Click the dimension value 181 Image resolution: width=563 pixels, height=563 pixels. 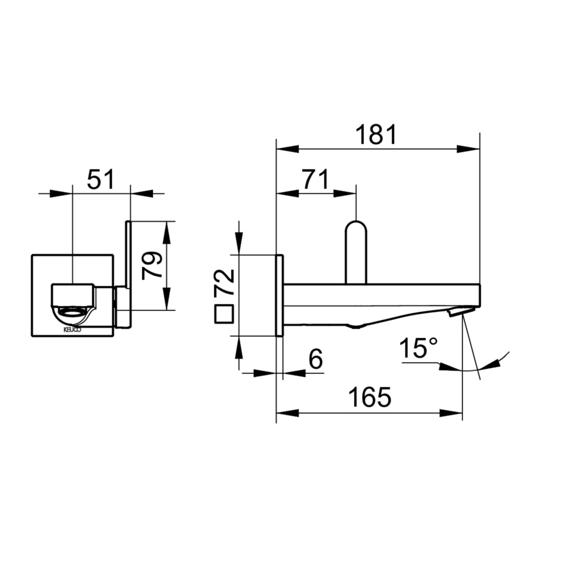tap(376, 134)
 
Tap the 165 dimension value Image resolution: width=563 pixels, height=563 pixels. tap(370, 397)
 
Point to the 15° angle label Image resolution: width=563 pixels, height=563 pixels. tap(418, 348)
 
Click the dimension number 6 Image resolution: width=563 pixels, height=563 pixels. tap(315, 359)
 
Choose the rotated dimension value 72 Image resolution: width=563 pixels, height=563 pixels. tap(224, 283)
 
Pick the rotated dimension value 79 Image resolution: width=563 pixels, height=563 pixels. tap(152, 266)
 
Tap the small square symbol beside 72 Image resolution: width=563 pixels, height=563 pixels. tap(224, 314)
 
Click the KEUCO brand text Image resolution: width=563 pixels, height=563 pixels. tap(72, 329)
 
